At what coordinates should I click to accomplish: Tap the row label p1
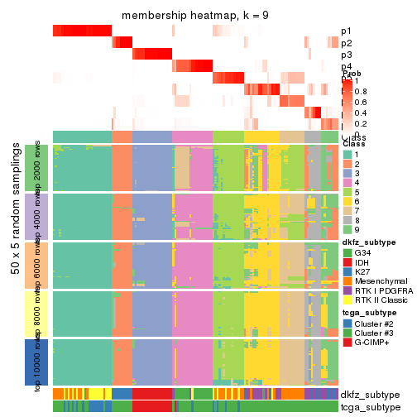tap(346, 31)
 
